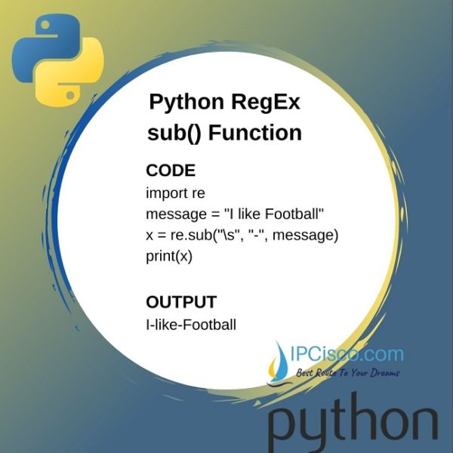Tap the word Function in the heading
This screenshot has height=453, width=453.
point(255,133)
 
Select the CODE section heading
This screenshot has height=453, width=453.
point(171,170)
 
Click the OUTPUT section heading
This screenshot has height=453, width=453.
point(181,302)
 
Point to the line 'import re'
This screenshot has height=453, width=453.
point(176,193)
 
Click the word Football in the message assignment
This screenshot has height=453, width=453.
point(292,214)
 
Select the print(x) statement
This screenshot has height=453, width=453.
point(169,256)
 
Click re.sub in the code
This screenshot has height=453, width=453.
point(191,235)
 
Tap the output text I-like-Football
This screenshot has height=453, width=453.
point(191,325)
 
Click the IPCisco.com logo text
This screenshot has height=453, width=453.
point(347,355)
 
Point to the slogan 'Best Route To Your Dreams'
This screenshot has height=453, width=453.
point(347,372)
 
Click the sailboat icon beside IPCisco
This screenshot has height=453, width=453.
point(279,364)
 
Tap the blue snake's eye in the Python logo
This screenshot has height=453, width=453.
point(45,25)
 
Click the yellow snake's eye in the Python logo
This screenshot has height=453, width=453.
point(70,94)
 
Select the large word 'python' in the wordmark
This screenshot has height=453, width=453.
point(353,424)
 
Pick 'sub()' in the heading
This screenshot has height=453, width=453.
point(174,134)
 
